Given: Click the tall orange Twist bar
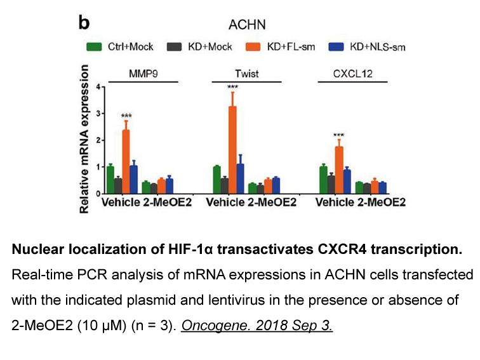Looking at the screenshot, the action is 232,150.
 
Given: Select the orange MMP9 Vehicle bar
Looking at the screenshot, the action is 126,162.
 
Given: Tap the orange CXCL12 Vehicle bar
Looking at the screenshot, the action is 339,170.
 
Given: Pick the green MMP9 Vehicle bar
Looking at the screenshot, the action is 110,180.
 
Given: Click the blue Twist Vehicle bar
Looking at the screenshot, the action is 240,179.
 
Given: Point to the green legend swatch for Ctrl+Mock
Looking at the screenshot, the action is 94,47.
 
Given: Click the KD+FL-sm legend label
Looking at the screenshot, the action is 291,47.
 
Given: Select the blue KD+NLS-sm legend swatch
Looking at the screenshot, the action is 336,47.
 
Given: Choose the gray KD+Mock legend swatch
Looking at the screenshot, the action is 174,47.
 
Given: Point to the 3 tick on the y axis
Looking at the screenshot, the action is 98,114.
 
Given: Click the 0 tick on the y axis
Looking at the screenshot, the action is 98,194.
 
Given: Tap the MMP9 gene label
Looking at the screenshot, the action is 143,74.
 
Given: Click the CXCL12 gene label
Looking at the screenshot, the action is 352,74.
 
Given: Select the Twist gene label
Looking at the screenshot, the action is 247,74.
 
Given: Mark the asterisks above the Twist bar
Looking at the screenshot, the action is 232,87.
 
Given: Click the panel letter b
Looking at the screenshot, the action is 84,23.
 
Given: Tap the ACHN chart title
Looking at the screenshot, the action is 247,25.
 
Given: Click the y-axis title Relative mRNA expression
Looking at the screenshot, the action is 84,138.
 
